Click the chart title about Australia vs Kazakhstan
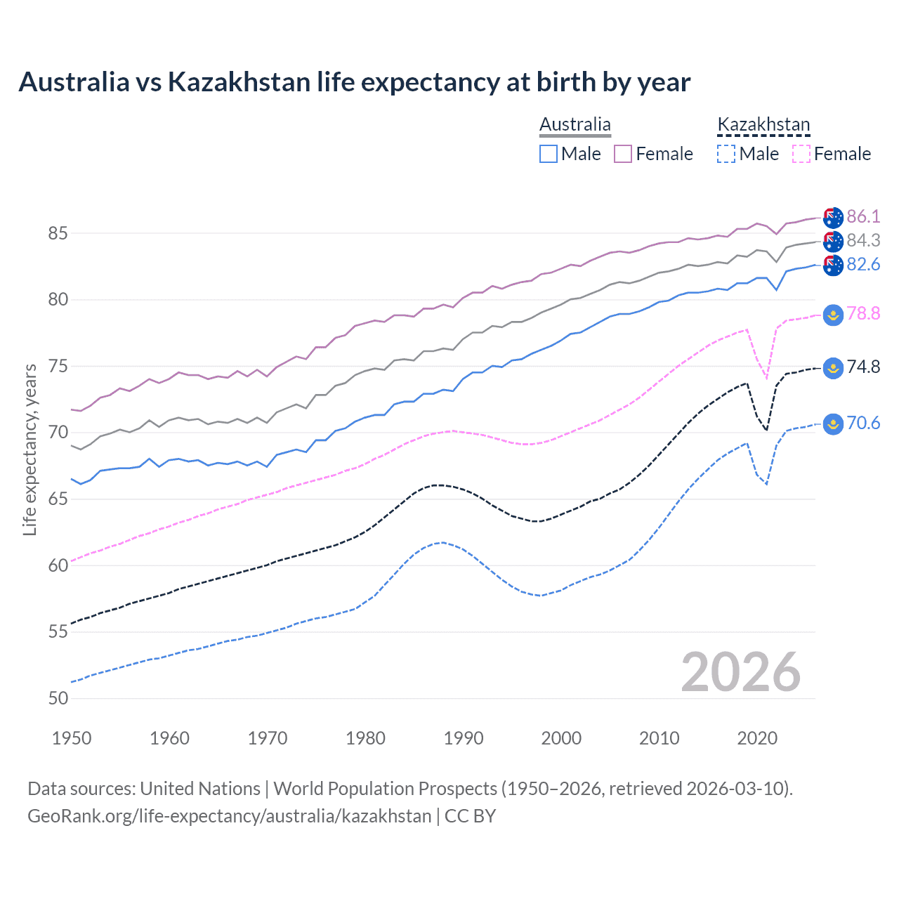(354, 82)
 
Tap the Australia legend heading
(575, 125)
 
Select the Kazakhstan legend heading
(763, 125)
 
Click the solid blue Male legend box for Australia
(549, 154)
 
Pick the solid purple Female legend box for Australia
(623, 154)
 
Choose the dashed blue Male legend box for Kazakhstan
(726, 154)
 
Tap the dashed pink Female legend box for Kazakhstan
(801, 154)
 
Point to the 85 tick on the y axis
(58, 233)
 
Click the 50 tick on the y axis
(58, 698)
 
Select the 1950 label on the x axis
(72, 738)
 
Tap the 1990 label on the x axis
(464, 738)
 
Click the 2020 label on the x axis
(757, 738)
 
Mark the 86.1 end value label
(863, 216)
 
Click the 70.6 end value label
(863, 423)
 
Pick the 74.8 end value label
(863, 367)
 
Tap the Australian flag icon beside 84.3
(833, 242)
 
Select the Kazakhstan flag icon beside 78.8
(833, 315)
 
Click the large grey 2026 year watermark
(741, 672)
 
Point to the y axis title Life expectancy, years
(29, 449)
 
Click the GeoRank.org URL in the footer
(229, 816)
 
